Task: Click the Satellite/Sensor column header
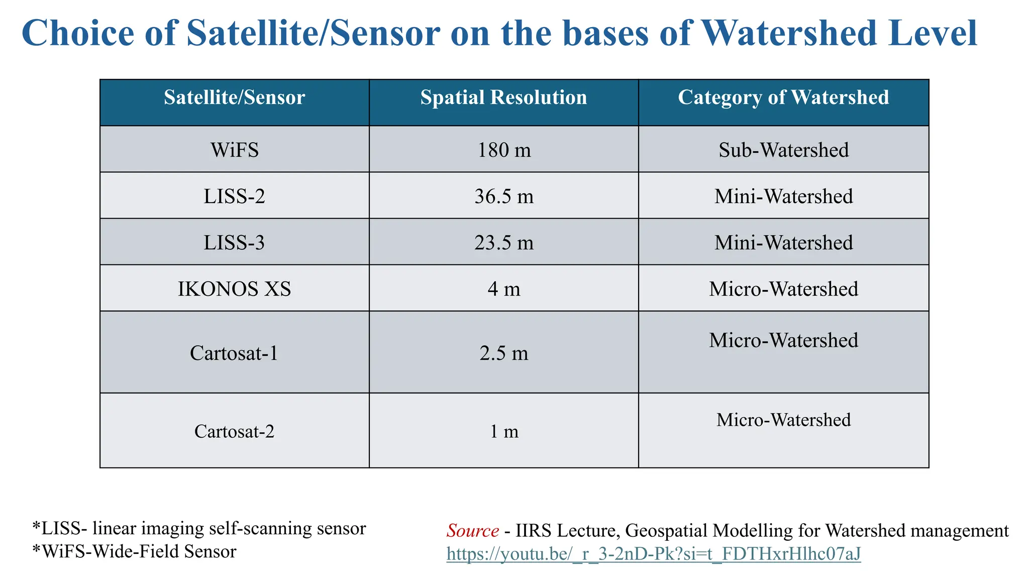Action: click(x=234, y=98)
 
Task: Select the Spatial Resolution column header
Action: click(x=503, y=98)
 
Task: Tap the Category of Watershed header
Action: click(x=783, y=98)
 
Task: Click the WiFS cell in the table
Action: click(x=234, y=150)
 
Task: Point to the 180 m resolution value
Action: click(x=503, y=150)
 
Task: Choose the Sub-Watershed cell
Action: click(x=783, y=150)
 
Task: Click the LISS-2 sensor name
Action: click(x=234, y=196)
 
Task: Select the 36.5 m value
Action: click(x=503, y=196)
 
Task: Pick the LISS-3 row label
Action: click(x=234, y=243)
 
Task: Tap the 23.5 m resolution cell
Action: click(x=503, y=243)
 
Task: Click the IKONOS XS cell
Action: click(x=234, y=289)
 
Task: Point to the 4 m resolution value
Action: click(x=503, y=289)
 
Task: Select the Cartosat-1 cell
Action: click(x=234, y=353)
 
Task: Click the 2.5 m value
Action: click(x=503, y=353)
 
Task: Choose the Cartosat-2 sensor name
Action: click(x=234, y=431)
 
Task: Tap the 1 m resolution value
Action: click(x=503, y=431)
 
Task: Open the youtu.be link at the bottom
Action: click(x=653, y=553)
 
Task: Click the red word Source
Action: click(x=472, y=530)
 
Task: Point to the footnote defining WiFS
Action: click(x=134, y=551)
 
